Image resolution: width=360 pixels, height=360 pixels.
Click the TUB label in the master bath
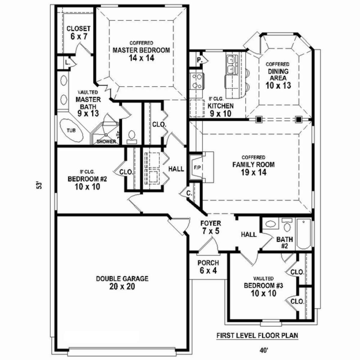71,130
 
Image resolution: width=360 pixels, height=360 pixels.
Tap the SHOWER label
106,142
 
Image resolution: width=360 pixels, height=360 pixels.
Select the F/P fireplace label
197,168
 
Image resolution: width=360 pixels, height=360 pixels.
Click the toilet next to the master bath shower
132,137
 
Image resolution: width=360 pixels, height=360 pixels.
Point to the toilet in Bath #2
287,225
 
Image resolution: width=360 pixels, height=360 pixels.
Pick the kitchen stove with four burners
197,81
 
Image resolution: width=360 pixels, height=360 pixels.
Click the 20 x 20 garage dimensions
122,286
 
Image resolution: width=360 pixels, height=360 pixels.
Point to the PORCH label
208,263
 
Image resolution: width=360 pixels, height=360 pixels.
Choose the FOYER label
211,223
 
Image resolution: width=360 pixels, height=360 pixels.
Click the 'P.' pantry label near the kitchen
199,60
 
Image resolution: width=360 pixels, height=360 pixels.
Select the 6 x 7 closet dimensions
79,36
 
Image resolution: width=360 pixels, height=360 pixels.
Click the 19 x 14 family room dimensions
253,172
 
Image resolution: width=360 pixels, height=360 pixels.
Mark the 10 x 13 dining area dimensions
278,85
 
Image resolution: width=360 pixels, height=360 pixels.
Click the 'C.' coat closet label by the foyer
189,193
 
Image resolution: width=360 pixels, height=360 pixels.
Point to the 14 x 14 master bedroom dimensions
141,58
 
